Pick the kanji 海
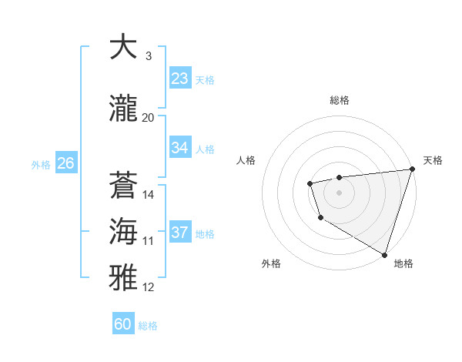(x=123, y=231)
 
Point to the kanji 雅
(x=123, y=277)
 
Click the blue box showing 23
(x=180, y=79)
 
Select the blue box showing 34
(x=180, y=148)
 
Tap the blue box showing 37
(x=180, y=233)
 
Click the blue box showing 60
(x=123, y=324)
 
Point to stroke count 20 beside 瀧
(x=148, y=118)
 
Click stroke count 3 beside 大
(x=148, y=56)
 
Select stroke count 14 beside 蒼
(x=149, y=195)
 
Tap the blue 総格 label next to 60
(x=148, y=326)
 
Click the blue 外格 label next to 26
(x=41, y=164)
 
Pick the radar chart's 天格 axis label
(x=433, y=160)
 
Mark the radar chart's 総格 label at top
(x=340, y=100)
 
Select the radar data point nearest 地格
(x=384, y=253)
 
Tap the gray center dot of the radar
(x=339, y=192)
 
